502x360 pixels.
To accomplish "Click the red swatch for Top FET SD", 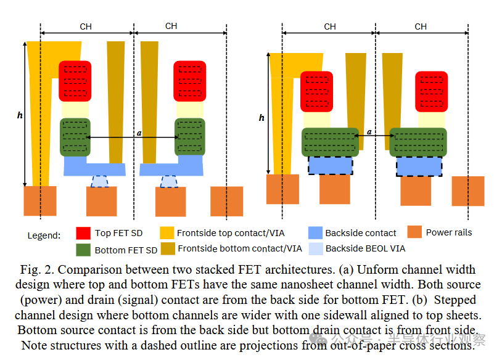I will click(x=83, y=233).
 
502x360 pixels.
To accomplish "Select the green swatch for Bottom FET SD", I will click(x=83, y=250).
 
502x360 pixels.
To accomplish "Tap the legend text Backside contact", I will click(x=361, y=233).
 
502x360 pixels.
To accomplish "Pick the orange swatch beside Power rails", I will click(x=415, y=232).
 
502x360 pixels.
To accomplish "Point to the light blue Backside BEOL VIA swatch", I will click(x=315, y=248).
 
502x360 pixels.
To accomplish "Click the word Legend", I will click(x=44, y=235).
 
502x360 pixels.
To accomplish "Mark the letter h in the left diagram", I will click(x=20, y=115).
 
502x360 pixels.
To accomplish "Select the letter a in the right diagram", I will click(x=369, y=131).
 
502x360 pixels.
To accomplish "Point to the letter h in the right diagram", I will click(x=261, y=117).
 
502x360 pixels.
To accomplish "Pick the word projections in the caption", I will click(x=274, y=345).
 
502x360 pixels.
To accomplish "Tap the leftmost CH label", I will click(x=86, y=27).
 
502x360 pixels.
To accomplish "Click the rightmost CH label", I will click(x=421, y=27).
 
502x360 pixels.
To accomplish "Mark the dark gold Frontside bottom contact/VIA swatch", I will click(x=167, y=249).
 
